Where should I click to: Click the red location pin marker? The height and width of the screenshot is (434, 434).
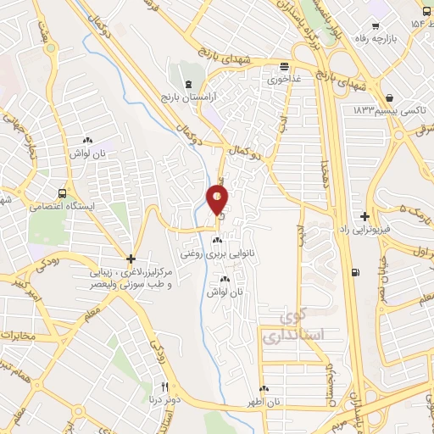tap(217, 200)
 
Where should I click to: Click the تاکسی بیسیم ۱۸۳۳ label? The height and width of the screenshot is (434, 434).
tap(389, 111)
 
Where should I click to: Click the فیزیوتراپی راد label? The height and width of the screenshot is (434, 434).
tap(374, 231)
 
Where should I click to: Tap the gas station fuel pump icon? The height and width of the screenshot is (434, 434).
tap(353, 272)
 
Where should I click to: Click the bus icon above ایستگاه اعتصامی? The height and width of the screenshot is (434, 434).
tap(63, 192)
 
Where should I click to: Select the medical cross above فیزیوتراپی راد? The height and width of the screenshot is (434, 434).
tap(364, 216)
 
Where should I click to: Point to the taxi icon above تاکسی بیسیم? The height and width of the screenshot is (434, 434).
tap(388, 97)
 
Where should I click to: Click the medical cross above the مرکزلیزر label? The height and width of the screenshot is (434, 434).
tap(131, 259)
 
